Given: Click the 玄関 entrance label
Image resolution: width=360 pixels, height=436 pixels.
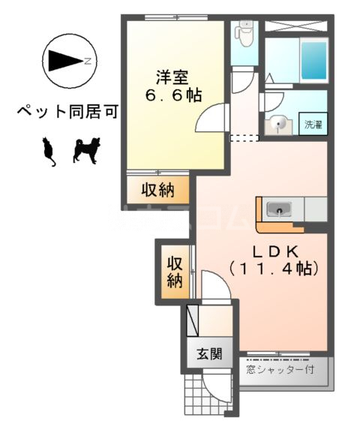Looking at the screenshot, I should (210, 354).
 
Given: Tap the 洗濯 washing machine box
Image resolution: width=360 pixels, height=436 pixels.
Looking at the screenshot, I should (312, 125).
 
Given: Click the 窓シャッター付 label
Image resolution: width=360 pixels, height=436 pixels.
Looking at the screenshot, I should (283, 369).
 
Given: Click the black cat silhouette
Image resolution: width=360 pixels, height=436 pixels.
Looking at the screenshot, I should (49, 151).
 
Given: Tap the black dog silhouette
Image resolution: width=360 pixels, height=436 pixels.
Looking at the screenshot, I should (85, 150).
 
